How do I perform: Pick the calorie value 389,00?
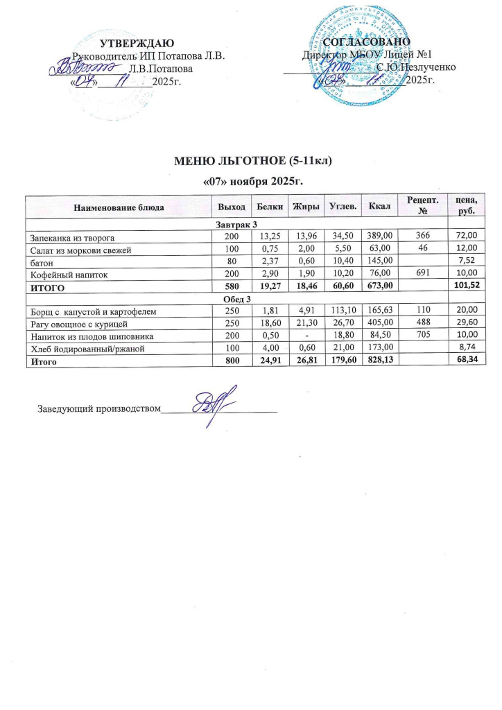(x=381, y=237)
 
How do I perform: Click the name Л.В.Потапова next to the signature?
(x=162, y=69)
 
